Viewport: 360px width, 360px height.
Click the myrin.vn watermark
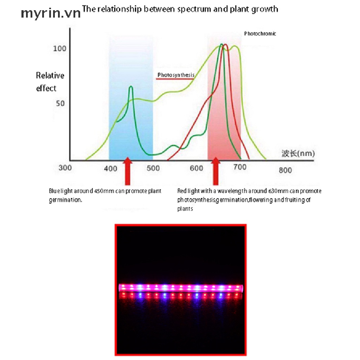point(50,13)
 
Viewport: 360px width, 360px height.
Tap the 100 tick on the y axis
point(59,48)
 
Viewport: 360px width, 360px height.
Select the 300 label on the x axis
point(65,168)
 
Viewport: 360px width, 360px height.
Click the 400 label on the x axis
point(111,168)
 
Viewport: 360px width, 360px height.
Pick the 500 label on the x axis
point(153,168)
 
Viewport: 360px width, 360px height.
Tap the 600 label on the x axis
point(197,168)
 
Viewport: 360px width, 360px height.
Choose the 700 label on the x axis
point(240,167)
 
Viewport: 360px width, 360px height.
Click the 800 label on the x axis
point(285,170)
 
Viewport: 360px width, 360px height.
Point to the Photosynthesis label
point(176,75)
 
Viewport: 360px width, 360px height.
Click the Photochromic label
point(260,34)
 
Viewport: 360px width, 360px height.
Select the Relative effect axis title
point(50,82)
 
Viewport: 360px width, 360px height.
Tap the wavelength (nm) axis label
point(298,153)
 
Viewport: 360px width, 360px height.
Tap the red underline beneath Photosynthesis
point(175,79)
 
